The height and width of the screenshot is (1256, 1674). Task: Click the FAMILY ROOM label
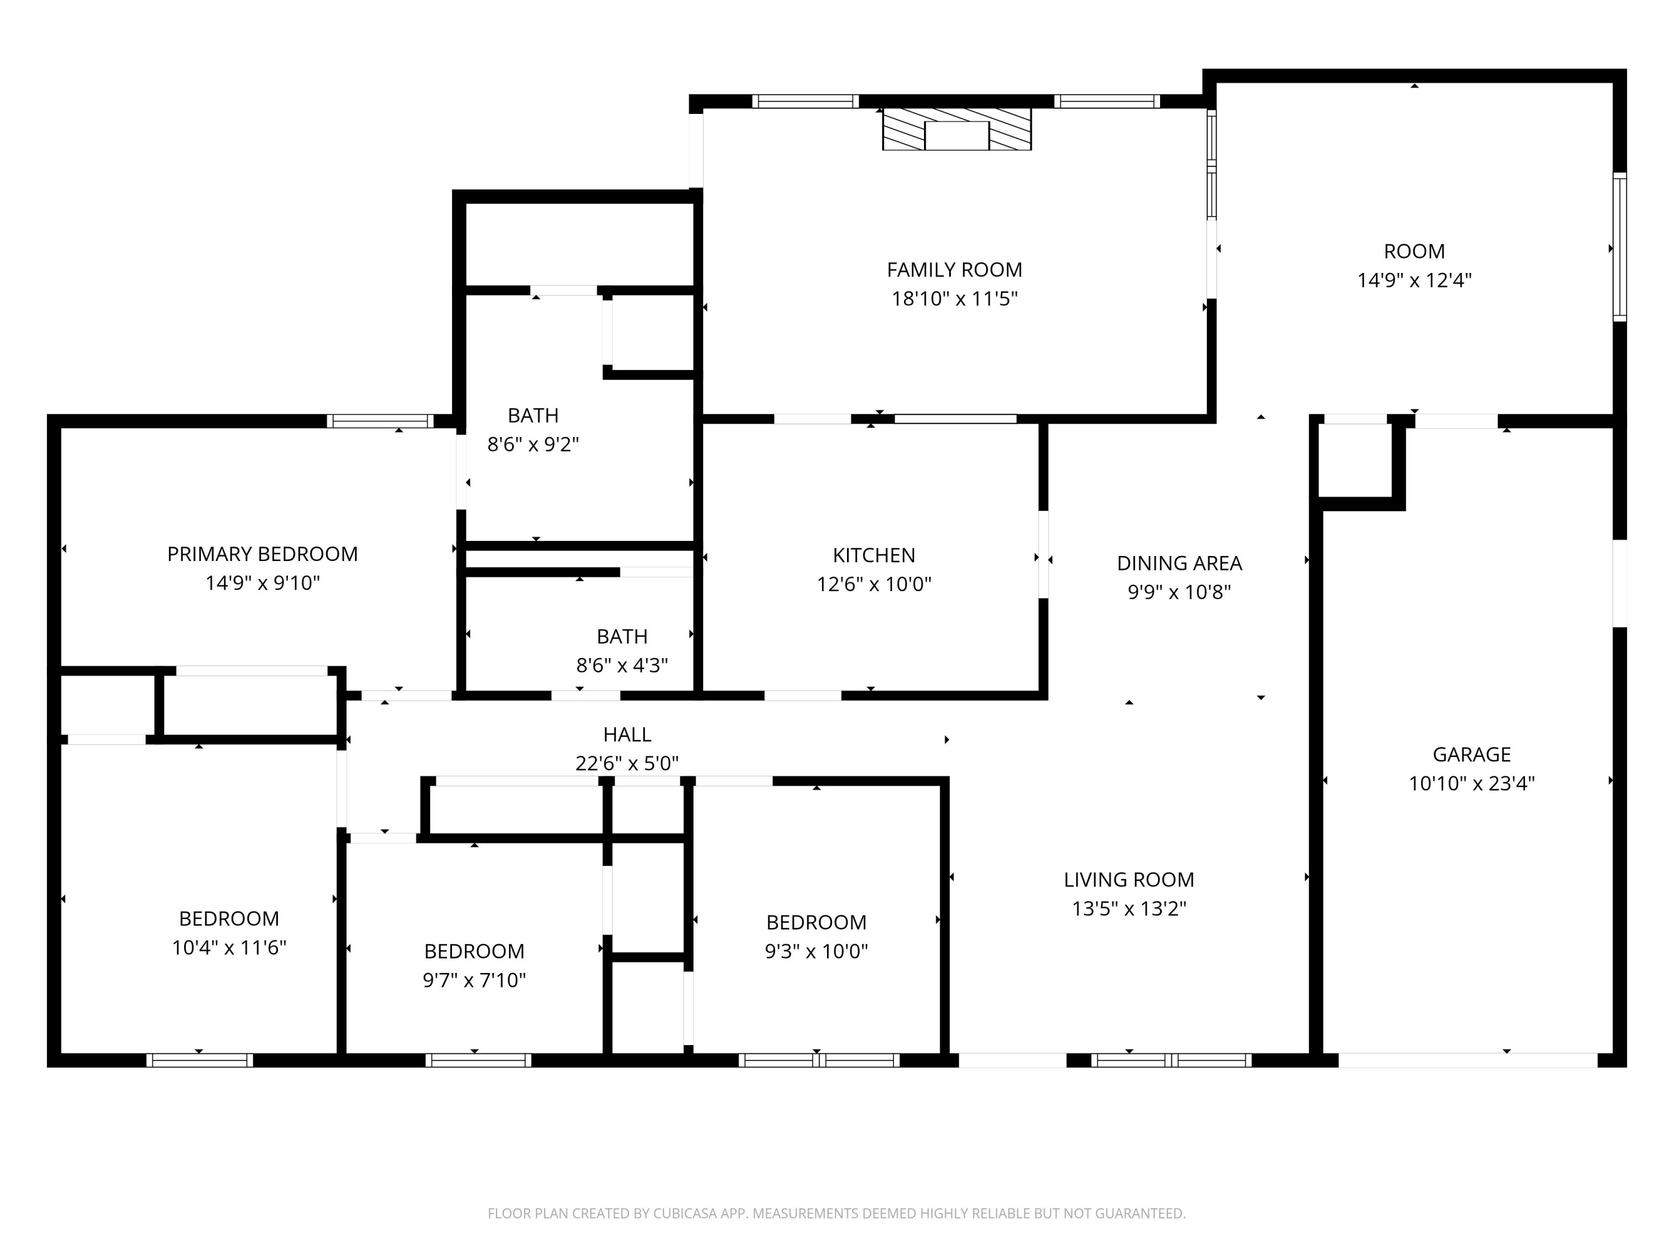954,270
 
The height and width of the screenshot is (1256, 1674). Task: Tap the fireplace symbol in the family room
956,130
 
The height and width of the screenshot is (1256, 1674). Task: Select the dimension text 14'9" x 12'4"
1413,281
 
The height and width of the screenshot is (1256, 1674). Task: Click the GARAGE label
1471,754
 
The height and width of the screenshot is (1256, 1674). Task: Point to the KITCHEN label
873,555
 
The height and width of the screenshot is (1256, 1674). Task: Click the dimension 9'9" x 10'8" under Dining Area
1179,592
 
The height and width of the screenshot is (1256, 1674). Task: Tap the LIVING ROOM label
1128,880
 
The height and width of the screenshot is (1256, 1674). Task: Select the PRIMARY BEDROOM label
262,554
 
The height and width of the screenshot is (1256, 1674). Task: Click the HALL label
627,735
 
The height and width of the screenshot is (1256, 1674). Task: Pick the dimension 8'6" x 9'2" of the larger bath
533,444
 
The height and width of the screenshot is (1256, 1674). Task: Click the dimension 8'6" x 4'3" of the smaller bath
621,665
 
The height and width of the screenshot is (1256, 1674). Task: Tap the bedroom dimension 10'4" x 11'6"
229,948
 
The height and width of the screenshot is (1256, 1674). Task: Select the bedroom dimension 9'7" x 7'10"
474,980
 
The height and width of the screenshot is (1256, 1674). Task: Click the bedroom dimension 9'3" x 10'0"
816,952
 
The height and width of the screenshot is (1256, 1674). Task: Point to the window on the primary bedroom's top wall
380,421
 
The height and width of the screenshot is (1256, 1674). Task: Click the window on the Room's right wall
1619,247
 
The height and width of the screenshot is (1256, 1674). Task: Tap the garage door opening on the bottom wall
1468,1060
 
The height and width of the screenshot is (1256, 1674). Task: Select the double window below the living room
1171,1061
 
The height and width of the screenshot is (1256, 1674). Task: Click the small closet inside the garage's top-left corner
1355,461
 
